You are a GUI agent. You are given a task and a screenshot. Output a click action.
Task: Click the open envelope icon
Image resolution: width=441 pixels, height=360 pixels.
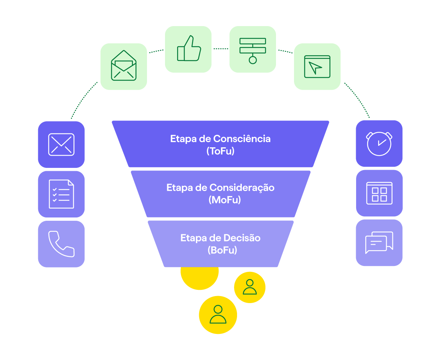click(123, 66)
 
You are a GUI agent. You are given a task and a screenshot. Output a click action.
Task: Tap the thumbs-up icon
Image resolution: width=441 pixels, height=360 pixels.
click(189, 49)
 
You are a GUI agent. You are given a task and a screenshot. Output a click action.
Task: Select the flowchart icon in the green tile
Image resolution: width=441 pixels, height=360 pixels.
click(252, 49)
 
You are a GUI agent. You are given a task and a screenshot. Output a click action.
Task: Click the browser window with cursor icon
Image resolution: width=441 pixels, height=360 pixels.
click(317, 66)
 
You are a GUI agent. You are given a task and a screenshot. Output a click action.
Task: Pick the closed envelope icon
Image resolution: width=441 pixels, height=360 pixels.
click(61, 144)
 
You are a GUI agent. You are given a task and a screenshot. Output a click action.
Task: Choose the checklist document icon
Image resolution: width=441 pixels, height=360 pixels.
click(61, 194)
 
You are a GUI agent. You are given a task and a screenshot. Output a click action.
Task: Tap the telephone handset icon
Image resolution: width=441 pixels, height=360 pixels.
click(61, 244)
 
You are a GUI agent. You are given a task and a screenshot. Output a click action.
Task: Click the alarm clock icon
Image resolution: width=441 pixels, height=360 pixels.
click(379, 143)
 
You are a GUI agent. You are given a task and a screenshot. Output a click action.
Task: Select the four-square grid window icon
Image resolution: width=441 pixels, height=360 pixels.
click(379, 193)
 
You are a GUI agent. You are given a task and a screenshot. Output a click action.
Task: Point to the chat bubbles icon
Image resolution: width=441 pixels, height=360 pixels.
click(379, 242)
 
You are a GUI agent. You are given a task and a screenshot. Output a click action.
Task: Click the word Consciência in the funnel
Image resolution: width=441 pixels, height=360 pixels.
click(242, 139)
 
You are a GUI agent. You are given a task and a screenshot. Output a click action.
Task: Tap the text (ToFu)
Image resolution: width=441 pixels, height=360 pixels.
click(220, 151)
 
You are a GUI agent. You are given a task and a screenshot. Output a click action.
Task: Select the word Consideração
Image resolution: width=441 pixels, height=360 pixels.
click(241, 188)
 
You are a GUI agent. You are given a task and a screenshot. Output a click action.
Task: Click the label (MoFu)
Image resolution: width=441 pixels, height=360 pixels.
click(220, 200)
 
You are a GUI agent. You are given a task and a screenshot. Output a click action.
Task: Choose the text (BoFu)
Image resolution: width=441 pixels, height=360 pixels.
click(220, 250)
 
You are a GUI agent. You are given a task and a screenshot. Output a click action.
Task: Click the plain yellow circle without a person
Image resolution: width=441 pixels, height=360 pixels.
click(200, 277)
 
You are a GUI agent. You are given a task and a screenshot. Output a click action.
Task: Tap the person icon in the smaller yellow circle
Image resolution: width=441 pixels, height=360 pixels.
click(250, 287)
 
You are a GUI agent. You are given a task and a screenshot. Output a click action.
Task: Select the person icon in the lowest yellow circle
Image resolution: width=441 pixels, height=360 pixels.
click(218, 314)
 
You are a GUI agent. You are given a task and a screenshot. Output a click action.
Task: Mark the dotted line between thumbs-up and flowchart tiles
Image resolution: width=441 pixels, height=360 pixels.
click(220, 48)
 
